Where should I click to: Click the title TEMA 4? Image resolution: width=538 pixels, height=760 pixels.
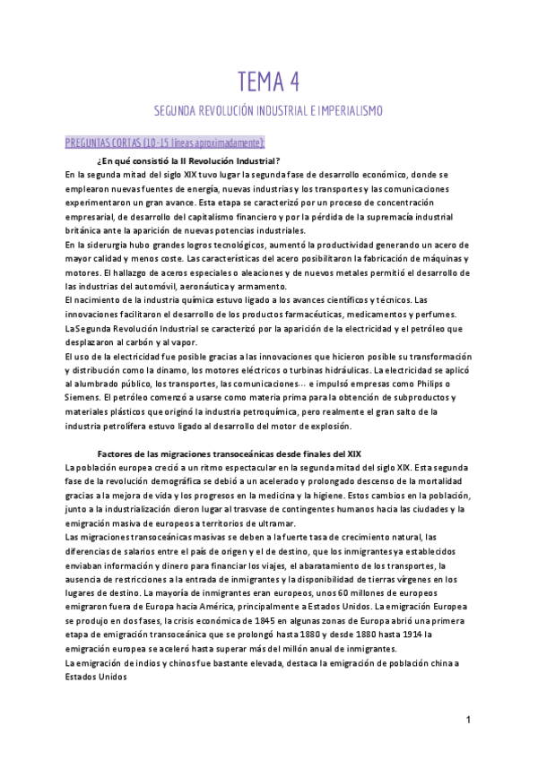point(268,82)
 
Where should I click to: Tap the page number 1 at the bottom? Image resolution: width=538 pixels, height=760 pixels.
point(469,720)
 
